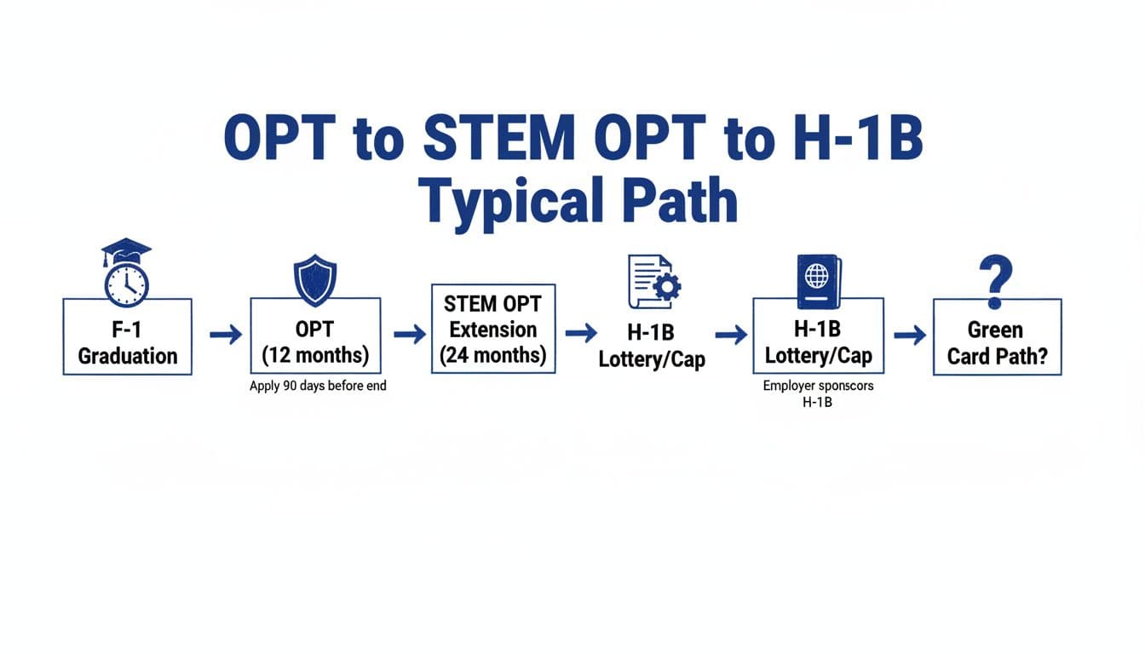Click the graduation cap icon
(126, 250)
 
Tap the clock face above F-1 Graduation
(126, 283)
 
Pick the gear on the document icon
(665, 287)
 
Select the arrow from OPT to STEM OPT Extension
(410, 335)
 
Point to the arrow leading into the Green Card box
(910, 336)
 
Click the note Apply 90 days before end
(318, 386)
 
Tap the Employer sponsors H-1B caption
(818, 393)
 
